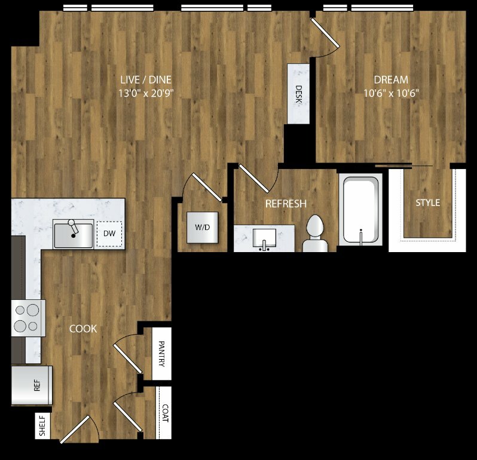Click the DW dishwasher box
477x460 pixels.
109,234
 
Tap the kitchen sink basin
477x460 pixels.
74,235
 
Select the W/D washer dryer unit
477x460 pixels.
202,228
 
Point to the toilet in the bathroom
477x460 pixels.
315,234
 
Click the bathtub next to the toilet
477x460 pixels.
361,210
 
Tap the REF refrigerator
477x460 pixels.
32,385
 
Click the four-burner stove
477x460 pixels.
28,318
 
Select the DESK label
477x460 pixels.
299,94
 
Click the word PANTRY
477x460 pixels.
161,354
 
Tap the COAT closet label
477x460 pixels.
165,413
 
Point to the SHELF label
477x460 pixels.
42,425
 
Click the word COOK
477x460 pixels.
83,329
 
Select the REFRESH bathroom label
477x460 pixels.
286,204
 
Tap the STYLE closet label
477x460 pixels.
428,203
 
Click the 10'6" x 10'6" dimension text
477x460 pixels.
391,93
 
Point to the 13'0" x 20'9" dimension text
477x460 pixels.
146,93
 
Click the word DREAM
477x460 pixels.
391,79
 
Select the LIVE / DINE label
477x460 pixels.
146,79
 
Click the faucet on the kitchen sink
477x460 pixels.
73,228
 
